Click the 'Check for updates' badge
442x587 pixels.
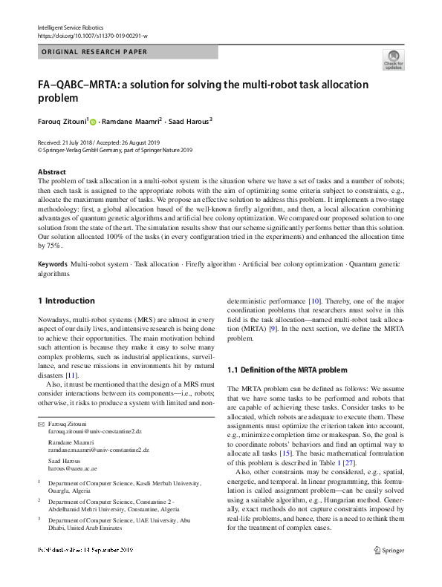click(394, 59)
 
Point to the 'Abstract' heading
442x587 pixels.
click(51, 171)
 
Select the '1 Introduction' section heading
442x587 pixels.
click(66, 301)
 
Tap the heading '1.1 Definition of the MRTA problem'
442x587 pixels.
click(286, 369)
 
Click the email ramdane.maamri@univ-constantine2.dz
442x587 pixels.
click(99, 450)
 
